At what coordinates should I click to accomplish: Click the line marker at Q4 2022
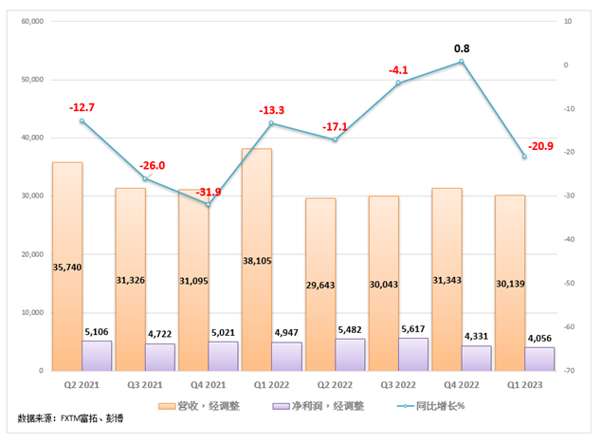(x=462, y=62)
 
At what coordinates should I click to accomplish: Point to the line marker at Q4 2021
(x=209, y=205)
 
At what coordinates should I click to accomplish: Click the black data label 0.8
(x=462, y=47)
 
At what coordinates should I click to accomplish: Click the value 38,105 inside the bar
(x=257, y=268)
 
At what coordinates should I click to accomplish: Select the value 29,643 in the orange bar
(x=320, y=268)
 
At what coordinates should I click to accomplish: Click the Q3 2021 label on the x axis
(x=145, y=385)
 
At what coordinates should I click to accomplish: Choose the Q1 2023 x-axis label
(x=524, y=385)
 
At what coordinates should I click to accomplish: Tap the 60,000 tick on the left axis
(x=32, y=21)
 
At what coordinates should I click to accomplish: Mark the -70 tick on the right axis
(x=563, y=371)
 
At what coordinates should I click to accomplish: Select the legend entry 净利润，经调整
(x=308, y=406)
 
